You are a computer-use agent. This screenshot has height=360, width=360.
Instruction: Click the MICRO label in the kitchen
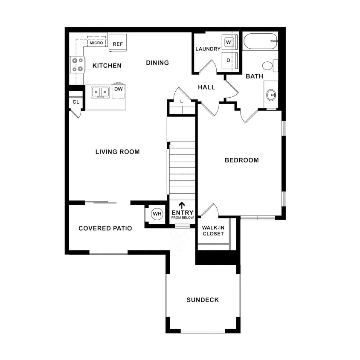[96, 43]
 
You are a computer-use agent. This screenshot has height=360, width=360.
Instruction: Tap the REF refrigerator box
[118, 44]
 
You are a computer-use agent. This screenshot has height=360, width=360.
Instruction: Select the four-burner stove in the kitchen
[77, 64]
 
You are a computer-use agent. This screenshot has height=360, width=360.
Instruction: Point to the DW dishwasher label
[119, 89]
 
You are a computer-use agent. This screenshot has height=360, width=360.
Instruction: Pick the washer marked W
[228, 42]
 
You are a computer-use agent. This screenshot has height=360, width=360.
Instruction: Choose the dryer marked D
[228, 61]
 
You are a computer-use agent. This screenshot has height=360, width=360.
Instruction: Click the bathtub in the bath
[260, 41]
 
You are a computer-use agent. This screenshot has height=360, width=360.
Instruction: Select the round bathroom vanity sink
[271, 95]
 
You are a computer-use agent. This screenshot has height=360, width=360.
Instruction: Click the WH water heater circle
[157, 214]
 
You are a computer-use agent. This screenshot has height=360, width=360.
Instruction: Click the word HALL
[206, 87]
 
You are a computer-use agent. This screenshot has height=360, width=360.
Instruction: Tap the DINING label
[157, 63]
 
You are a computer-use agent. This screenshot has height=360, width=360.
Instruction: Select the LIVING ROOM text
[117, 152]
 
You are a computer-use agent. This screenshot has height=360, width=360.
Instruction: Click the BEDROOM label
[242, 160]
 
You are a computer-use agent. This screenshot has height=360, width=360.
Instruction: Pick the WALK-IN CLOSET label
[213, 231]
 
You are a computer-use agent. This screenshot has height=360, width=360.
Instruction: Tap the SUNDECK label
[203, 300]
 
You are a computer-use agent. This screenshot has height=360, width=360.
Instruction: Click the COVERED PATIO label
[105, 229]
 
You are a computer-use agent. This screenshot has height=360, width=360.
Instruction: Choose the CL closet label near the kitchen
[76, 102]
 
